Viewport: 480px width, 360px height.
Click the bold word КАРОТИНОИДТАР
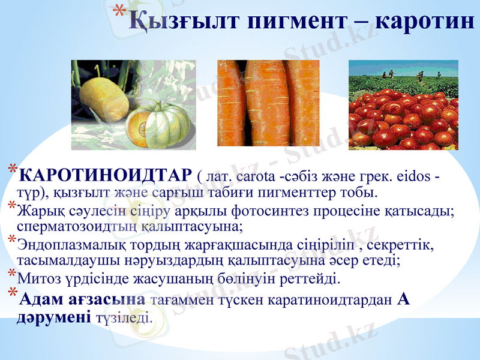(106, 175)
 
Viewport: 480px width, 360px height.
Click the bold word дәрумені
(53, 317)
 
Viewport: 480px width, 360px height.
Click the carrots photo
(268, 103)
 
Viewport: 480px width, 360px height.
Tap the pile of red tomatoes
(403, 120)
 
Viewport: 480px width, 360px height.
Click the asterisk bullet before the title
(119, 12)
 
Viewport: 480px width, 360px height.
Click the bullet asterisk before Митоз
(11, 274)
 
